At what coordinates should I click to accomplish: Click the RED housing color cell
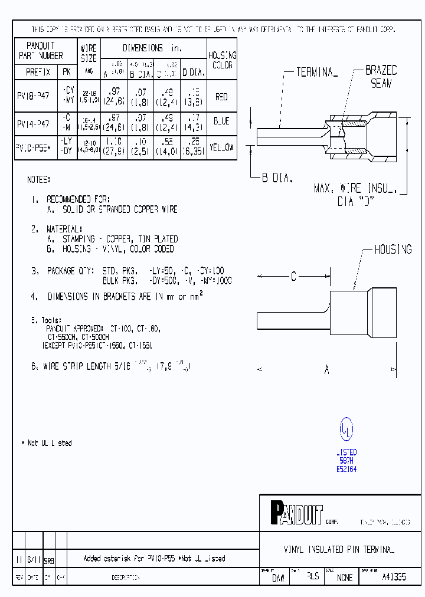coord(221,97)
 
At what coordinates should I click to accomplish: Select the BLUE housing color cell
coord(221,121)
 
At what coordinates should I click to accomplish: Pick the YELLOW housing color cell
coord(221,147)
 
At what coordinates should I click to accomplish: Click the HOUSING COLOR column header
coord(222,60)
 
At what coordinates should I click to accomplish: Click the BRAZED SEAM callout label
coord(381,77)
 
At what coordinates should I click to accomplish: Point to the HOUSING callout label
coord(393,250)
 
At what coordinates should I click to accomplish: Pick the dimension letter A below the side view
coord(326,369)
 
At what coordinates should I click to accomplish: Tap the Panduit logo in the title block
coord(297,513)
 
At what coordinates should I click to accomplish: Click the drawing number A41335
coord(394,577)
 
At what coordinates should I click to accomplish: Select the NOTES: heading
coord(39,179)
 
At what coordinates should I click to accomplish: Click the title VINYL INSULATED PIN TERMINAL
coord(339,549)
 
